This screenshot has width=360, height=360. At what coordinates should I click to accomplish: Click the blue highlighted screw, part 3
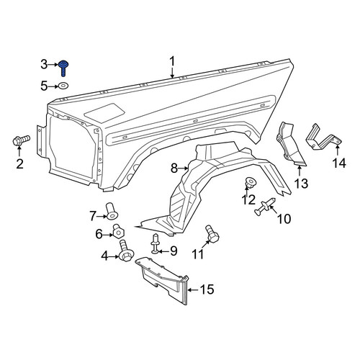pos(63,68)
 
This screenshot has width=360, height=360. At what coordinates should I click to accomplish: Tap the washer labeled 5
pos(63,86)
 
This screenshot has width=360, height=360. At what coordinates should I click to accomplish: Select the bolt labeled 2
pos(21,140)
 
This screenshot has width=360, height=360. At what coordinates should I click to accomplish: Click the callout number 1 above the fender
pos(172,62)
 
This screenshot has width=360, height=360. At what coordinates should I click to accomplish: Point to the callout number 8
pos(174,168)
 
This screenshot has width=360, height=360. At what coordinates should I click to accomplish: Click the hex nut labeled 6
pos(118,231)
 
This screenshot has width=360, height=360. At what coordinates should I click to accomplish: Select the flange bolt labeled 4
pos(126,251)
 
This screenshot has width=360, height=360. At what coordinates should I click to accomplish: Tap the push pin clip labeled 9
pos(155,243)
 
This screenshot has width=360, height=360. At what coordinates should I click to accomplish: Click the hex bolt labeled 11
pos(212,234)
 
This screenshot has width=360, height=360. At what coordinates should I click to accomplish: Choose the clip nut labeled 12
pos(249,181)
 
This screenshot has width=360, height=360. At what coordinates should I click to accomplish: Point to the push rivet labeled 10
pos(264,207)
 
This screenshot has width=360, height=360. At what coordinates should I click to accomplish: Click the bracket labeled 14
pos(323,138)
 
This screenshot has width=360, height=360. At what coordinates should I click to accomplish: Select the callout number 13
pos(301,184)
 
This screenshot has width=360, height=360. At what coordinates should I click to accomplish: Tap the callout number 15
pos(207,289)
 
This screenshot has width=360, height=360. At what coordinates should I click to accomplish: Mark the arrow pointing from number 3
pos(53,65)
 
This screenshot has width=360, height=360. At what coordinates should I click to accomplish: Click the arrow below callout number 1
pos(172,73)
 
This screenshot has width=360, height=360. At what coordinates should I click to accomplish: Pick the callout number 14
pos(339,163)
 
